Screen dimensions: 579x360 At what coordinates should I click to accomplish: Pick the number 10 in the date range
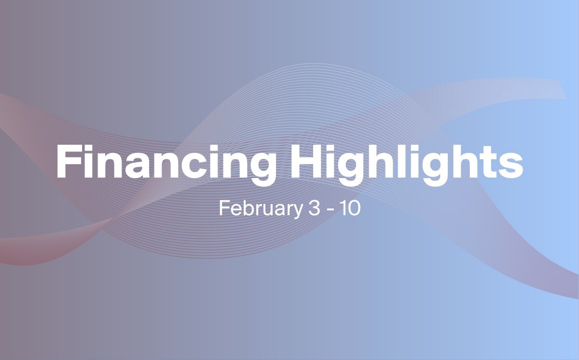[350, 208]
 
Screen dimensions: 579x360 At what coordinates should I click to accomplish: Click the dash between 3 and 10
[331, 210]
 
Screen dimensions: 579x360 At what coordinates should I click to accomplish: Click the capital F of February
[224, 208]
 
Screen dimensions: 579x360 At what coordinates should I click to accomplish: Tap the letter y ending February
[297, 212]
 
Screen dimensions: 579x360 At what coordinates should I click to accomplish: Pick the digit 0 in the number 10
[355, 208]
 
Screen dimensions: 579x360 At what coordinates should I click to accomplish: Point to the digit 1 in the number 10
[344, 208]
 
